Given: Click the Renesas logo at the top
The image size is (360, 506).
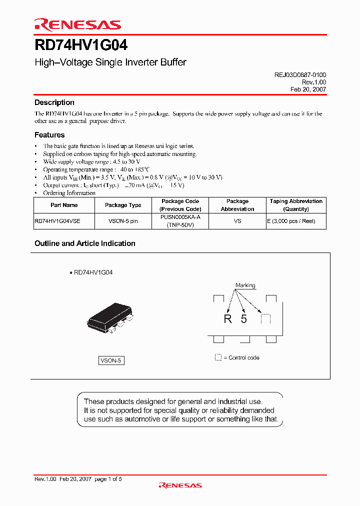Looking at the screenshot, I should [x=77, y=24].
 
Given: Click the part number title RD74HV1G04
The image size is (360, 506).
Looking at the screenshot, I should [x=81, y=45].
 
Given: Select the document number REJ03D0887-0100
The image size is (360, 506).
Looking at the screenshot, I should [x=300, y=74].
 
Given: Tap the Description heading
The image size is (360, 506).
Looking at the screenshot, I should [x=54, y=102].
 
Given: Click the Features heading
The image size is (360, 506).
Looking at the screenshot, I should [x=49, y=135].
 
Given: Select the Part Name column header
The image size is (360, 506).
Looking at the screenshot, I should [x=64, y=205].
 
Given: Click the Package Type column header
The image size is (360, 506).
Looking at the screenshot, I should [x=123, y=205].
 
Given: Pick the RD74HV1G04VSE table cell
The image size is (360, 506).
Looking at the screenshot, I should [x=57, y=221].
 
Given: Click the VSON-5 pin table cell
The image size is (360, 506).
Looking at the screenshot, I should [x=123, y=221].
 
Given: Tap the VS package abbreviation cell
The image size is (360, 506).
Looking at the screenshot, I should [x=237, y=221].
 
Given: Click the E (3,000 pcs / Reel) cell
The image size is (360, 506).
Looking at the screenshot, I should [x=296, y=221].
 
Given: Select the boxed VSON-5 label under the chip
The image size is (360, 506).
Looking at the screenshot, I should [x=111, y=360].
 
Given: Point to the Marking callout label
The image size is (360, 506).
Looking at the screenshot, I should [x=245, y=285].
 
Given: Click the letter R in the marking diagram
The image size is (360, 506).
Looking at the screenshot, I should [x=228, y=319].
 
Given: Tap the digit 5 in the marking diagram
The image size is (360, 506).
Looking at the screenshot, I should [x=244, y=319].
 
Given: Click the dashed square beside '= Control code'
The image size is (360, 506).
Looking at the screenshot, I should [x=218, y=357].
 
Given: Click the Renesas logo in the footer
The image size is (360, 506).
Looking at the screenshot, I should [x=180, y=485].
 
